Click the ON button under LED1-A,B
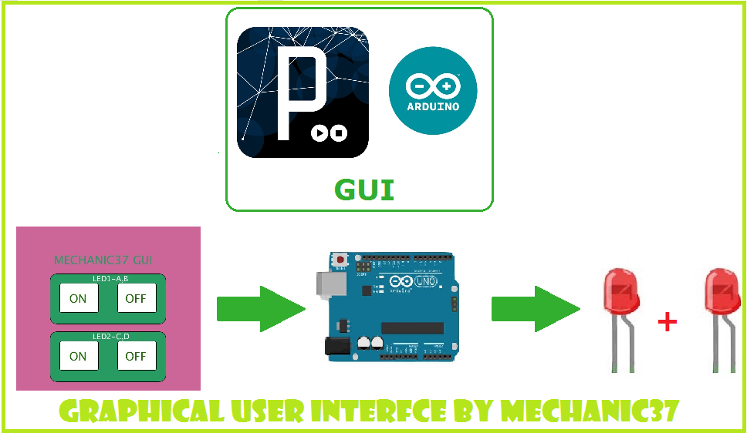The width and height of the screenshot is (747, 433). [78, 298]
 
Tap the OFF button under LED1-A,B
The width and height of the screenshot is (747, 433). [137, 298]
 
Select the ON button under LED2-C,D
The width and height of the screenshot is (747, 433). [78, 356]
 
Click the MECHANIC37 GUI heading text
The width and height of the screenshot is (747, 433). [102, 260]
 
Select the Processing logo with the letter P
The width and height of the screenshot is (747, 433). [302, 92]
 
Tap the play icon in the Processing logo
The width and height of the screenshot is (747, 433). [319, 133]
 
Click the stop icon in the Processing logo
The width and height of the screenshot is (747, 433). [339, 133]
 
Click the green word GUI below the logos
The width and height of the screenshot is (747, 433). [363, 190]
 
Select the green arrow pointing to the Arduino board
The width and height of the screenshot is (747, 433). [259, 308]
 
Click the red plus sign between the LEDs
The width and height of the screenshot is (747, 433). [667, 323]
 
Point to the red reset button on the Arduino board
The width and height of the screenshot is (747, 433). [339, 260]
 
